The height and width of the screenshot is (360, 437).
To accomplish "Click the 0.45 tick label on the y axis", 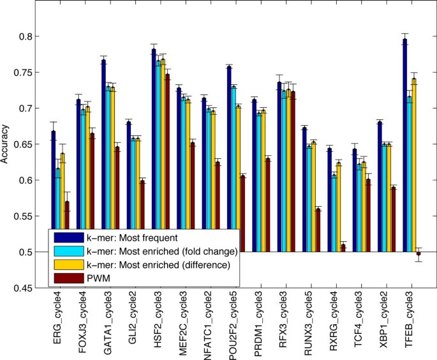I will click(27, 288).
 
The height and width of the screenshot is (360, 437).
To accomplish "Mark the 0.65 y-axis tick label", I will click(27, 144).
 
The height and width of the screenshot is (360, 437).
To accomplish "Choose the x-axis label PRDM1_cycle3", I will click(258, 325).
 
